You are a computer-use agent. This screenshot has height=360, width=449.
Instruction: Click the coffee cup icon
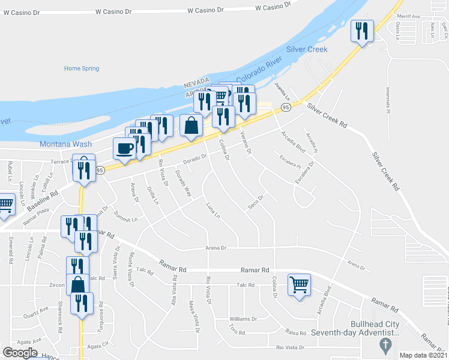tap(124, 148)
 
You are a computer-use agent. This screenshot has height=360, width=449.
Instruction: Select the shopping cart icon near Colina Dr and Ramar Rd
tap(299, 284)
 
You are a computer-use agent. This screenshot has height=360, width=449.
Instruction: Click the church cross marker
tap(385, 344)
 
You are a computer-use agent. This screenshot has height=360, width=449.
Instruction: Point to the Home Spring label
tap(82, 68)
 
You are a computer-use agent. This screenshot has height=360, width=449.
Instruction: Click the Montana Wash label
tap(65, 144)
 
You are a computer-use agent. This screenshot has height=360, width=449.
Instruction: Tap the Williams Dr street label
tap(243, 319)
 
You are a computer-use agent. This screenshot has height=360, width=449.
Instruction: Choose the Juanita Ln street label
tap(282, 91)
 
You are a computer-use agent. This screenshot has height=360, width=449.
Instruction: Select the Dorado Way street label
tap(183, 184)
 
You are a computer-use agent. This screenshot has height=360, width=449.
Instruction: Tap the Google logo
tap(20, 353)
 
